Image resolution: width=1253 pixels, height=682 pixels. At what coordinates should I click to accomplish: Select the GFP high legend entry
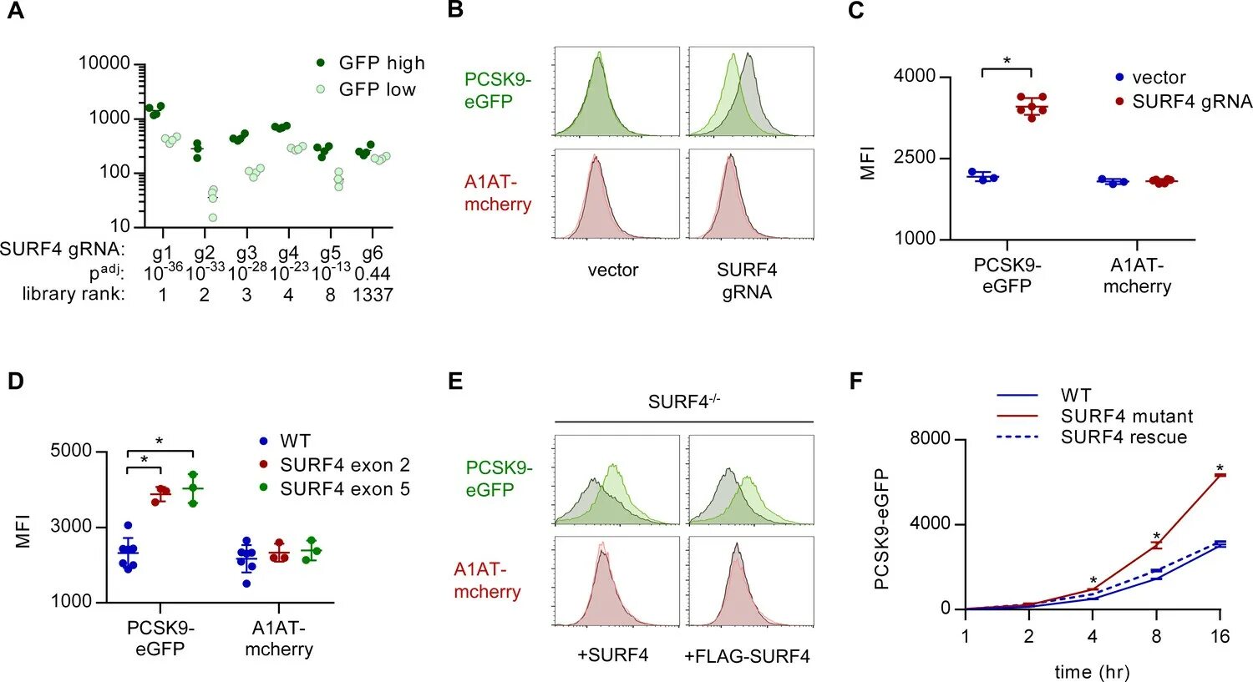[381, 63]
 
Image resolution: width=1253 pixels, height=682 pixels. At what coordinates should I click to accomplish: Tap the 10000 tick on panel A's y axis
[104, 63]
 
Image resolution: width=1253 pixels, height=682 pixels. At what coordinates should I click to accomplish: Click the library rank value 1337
[373, 295]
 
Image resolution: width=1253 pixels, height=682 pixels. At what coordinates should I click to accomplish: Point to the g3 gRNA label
[246, 253]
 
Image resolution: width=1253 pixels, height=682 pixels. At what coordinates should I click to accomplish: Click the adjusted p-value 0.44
[373, 274]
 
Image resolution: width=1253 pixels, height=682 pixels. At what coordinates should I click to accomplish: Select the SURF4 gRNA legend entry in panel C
[1191, 102]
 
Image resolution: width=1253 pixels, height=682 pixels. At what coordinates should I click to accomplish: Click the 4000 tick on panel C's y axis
[915, 77]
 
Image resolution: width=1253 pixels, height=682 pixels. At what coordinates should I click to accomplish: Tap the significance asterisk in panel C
[1007, 61]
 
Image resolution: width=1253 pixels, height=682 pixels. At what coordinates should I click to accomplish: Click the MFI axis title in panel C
[868, 163]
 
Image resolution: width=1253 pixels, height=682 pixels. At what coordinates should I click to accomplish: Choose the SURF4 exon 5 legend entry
[344, 489]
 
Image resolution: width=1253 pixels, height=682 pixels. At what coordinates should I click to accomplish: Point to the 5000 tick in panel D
[72, 452]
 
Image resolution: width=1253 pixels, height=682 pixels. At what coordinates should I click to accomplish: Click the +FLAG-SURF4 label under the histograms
[747, 656]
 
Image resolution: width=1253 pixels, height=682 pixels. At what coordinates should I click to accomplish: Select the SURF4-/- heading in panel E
[683, 402]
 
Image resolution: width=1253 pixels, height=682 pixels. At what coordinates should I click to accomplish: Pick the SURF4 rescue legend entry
[1123, 437]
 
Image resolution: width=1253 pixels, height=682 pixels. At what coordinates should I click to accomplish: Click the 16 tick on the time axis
[1220, 637]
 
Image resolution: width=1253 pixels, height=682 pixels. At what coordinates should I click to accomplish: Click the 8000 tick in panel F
[930, 439]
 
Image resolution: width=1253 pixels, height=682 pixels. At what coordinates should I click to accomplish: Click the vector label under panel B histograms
[613, 270]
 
